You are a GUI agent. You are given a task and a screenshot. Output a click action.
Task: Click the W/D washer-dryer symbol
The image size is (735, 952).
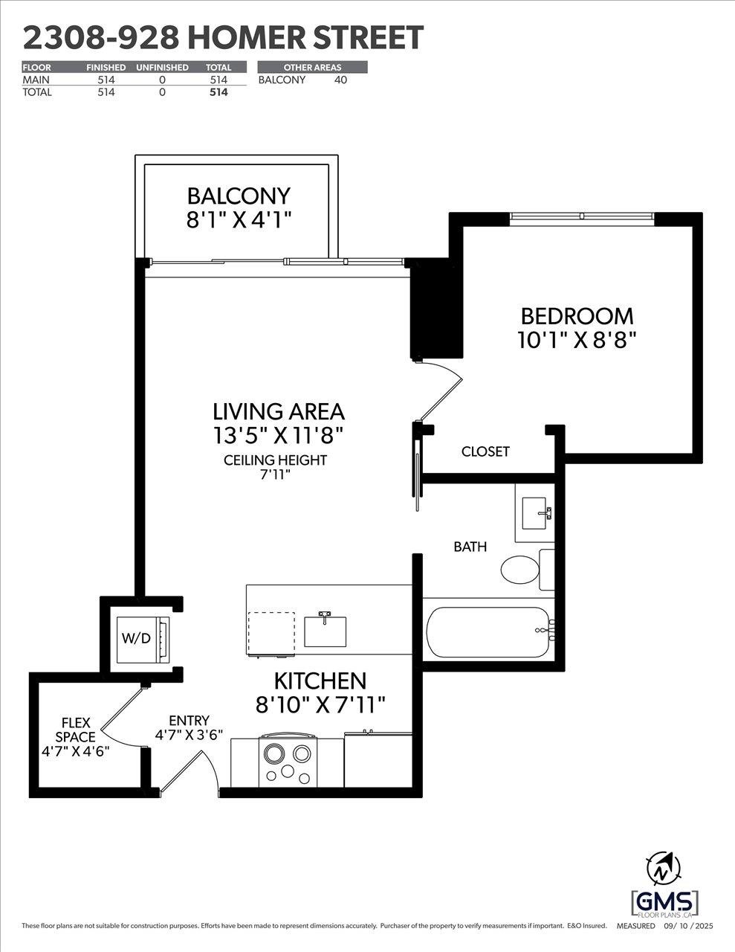point(141,637)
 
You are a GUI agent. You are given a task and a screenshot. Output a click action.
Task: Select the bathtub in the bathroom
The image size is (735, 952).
point(488,633)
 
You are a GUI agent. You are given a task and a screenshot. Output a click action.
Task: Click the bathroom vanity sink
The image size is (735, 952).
point(534,513)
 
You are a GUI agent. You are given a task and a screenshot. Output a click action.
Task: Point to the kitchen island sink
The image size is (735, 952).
point(326,630)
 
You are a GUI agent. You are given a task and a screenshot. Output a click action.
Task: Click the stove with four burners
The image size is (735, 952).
point(288,762)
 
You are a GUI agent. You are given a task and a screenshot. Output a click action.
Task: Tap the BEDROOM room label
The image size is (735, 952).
point(577,316)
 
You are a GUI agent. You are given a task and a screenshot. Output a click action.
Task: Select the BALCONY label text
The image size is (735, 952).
point(239,196)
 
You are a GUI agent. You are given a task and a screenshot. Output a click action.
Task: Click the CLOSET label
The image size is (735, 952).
point(485,451)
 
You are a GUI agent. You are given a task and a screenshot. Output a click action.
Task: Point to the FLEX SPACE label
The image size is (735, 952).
point(77,730)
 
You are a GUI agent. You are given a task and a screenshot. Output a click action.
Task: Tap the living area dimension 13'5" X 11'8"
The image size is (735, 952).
point(278,433)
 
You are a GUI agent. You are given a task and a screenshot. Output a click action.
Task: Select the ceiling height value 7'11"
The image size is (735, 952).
point(275,475)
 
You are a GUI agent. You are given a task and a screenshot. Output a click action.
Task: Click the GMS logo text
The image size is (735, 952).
point(665,898)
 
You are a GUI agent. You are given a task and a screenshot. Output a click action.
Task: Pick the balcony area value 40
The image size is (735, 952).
point(340,80)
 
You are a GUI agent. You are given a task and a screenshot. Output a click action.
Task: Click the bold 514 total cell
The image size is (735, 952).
point(218,92)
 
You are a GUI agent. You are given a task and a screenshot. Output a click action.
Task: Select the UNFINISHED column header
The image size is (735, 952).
point(162,67)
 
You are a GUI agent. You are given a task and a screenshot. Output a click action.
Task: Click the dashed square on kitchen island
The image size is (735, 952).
point(271,634)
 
